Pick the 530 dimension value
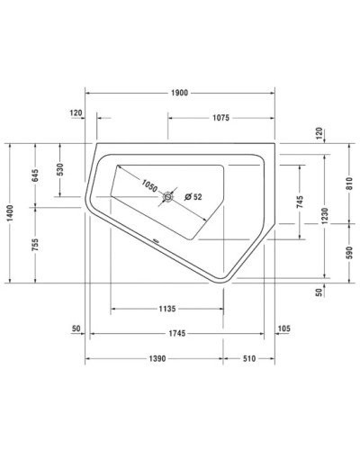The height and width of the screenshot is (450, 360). [x=60, y=171]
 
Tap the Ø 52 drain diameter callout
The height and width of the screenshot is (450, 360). [x=193, y=197]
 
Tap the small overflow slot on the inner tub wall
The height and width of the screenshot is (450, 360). [x=154, y=240]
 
